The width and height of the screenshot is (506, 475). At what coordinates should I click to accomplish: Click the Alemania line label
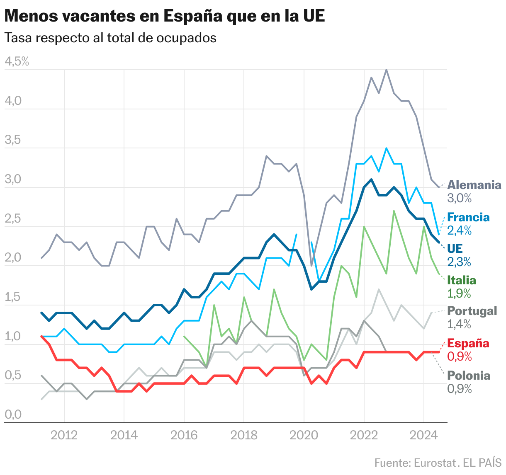coord(474,185)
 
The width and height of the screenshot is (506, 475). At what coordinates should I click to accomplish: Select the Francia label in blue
coord(468,217)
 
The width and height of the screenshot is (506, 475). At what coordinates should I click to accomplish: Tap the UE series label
coord(455,248)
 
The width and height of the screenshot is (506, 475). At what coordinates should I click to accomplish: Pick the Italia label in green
coord(462,280)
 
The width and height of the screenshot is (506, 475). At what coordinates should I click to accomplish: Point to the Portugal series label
coord(472,311)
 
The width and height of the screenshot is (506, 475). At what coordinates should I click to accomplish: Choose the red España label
coord(468,343)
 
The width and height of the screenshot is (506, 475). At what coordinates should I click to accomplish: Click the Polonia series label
coord(469,376)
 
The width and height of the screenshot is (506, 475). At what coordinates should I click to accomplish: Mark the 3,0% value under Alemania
coord(460,198)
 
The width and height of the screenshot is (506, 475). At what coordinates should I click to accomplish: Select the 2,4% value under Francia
coord(460,230)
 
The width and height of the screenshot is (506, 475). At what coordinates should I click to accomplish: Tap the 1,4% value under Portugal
coord(460,324)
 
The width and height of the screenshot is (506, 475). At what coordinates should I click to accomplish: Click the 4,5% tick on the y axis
coord(17,62)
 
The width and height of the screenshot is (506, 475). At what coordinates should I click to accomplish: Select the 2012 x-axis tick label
coord(64,435)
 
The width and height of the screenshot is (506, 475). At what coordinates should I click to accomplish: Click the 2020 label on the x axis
coord(304,435)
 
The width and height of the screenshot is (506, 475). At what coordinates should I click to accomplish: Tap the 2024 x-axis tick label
coord(423,435)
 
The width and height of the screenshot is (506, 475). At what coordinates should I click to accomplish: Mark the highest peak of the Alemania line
coord(387,70)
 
